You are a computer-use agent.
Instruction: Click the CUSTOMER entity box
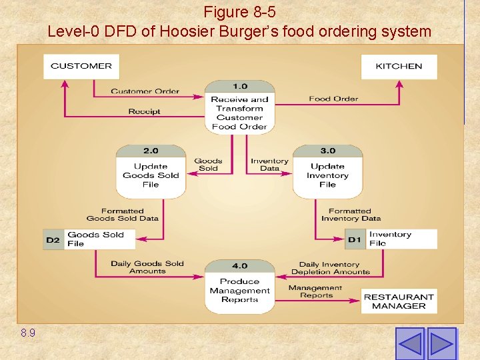pyautogui.click(x=81, y=66)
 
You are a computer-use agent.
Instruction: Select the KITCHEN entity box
pyautogui.click(x=399, y=66)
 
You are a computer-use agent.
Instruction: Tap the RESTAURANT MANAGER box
pyautogui.click(x=399, y=301)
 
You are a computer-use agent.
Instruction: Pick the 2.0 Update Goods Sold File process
pyautogui.click(x=151, y=172)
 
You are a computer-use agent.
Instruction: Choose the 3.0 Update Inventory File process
pyautogui.click(x=327, y=172)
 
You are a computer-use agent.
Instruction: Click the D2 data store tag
pyautogui.click(x=53, y=239)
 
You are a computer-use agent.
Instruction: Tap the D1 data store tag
pyautogui.click(x=355, y=239)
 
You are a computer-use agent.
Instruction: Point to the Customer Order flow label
pyautogui.click(x=145, y=91)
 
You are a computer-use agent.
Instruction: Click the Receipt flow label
pyautogui.click(x=145, y=111)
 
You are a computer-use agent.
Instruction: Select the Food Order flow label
pyautogui.click(x=333, y=99)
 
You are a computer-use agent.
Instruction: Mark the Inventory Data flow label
pyautogui.click(x=269, y=165)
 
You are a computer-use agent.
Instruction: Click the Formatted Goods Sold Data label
pyautogui.click(x=123, y=215)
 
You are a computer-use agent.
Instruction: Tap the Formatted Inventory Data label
pyautogui.click(x=351, y=215)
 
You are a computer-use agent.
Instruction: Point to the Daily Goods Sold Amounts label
pyautogui.click(x=147, y=267)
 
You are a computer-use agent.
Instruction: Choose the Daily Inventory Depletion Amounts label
pyautogui.click(x=330, y=268)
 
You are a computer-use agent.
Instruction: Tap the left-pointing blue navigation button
pyautogui.click(x=409, y=343)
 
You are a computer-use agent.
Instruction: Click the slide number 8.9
pyautogui.click(x=28, y=332)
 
